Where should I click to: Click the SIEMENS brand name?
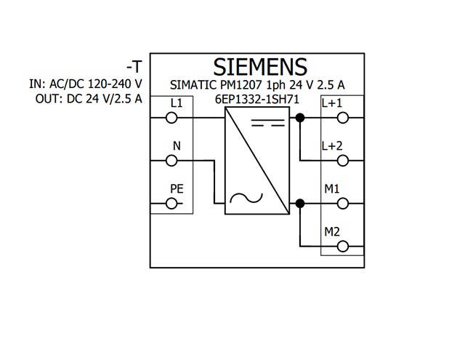click(260, 67)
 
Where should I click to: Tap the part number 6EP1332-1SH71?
click(257, 99)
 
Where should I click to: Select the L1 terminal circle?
click(171, 118)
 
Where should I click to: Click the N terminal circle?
click(171, 161)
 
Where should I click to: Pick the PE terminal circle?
click(171, 204)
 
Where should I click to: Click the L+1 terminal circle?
click(343, 118)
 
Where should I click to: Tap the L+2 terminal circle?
click(343, 161)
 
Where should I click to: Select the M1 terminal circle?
click(343, 204)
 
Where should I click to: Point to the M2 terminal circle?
click(343, 247)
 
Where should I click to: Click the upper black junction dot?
click(300, 118)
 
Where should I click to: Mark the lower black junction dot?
click(300, 204)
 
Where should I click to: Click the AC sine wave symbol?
click(246, 198)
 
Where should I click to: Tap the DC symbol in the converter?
click(268, 123)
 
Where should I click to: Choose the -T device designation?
click(134, 66)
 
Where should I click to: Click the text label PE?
click(177, 189)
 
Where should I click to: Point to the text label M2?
click(332, 232)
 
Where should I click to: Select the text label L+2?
click(332, 145)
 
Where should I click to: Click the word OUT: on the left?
click(49, 99)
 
